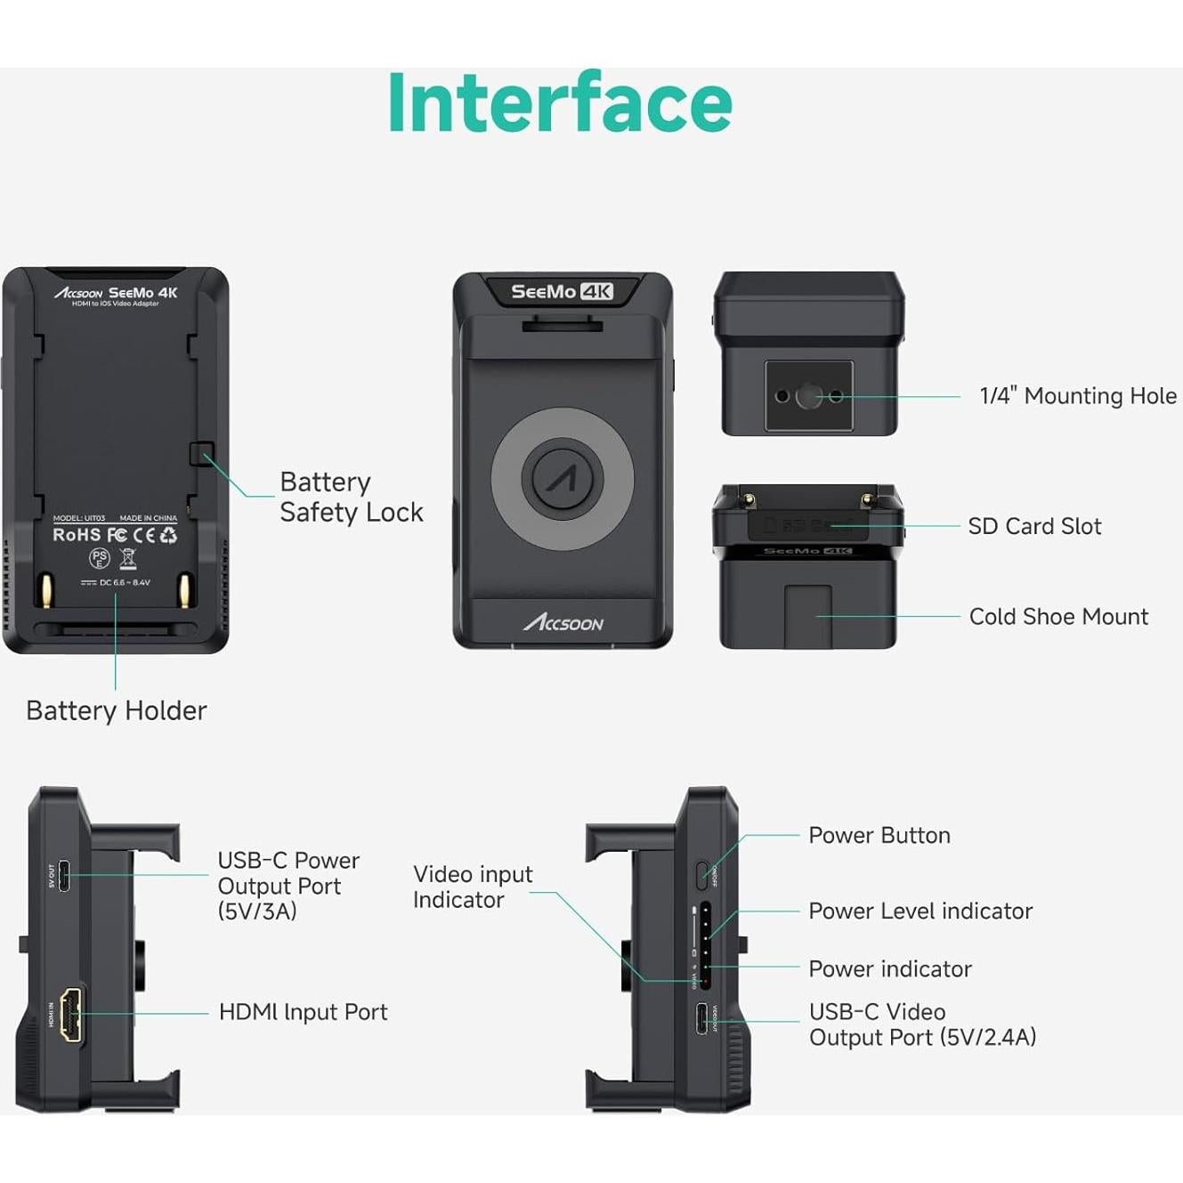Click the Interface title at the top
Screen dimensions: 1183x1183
click(x=560, y=103)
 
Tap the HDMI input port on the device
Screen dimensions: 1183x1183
click(x=71, y=1014)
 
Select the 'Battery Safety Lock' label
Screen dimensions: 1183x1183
click(x=351, y=497)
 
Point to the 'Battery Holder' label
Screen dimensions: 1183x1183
click(x=117, y=710)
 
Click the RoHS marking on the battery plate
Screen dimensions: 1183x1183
click(x=77, y=535)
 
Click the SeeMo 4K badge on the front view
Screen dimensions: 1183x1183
click(x=562, y=291)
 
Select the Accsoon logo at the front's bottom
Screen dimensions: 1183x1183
click(x=563, y=622)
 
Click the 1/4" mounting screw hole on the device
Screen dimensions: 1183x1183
click(x=808, y=396)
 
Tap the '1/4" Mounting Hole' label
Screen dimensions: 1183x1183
click(x=1077, y=396)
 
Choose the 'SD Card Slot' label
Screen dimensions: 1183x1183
click(x=1034, y=526)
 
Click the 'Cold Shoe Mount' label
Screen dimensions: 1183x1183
click(x=1058, y=616)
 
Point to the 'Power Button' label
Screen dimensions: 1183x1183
click(x=879, y=835)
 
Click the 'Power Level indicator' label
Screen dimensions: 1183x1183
click(x=920, y=911)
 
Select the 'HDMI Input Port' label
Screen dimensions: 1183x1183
click(x=303, y=1012)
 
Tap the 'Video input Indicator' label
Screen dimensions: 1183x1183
click(x=472, y=887)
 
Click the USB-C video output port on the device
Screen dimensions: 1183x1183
click(x=702, y=1017)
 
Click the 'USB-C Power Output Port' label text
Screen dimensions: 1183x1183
click(x=288, y=885)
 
